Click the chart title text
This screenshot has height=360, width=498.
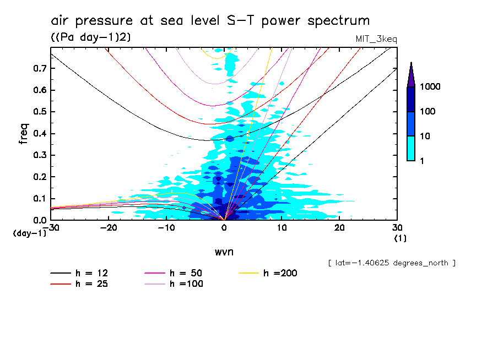point(210,21)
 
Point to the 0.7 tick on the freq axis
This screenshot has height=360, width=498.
point(39,68)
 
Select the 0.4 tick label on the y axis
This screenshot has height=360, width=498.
point(39,134)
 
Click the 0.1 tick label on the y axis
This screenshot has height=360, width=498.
point(39,199)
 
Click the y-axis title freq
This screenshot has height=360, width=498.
point(23,134)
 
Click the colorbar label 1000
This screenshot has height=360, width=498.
point(430,87)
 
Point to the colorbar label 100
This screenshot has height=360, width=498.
point(428,112)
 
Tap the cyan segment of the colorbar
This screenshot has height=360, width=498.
point(411,148)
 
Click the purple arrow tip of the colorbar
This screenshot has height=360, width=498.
point(411,74)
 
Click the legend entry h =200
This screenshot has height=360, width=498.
point(269,273)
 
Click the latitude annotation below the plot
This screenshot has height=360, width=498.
point(392,263)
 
